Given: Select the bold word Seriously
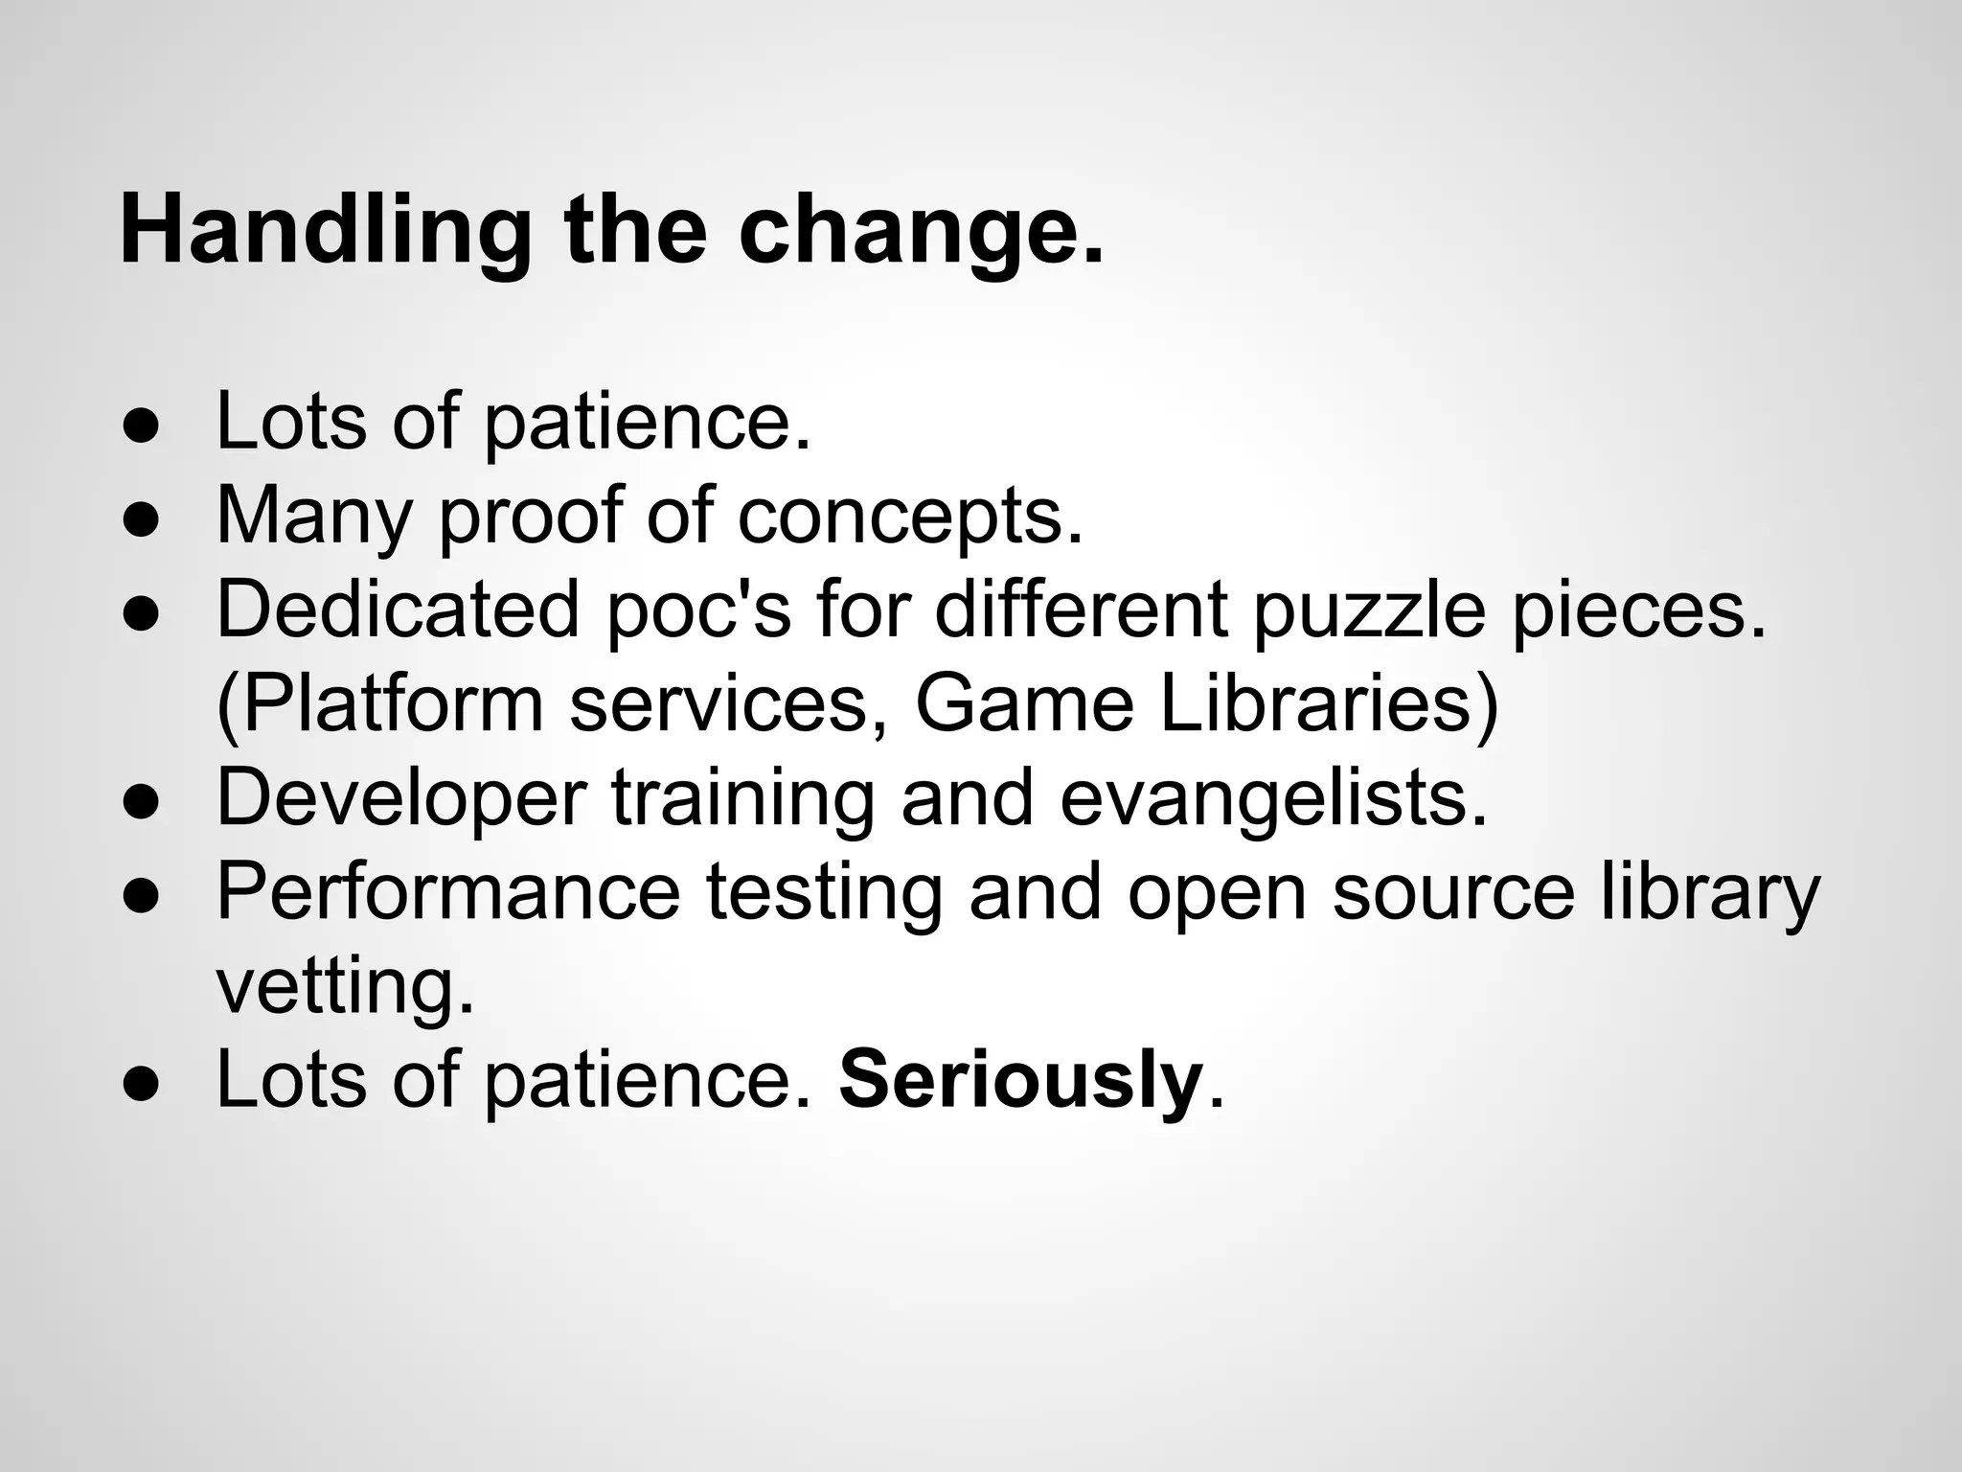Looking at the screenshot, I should click(x=1021, y=1081).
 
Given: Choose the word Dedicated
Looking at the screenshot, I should click(x=398, y=610).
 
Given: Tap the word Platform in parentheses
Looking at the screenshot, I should click(x=379, y=704).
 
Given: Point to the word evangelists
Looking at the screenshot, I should click(x=1273, y=798).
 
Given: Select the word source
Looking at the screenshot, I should click(x=1452, y=892).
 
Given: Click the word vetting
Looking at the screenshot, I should click(x=346, y=987).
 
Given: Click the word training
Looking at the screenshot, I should click(x=742, y=798).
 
